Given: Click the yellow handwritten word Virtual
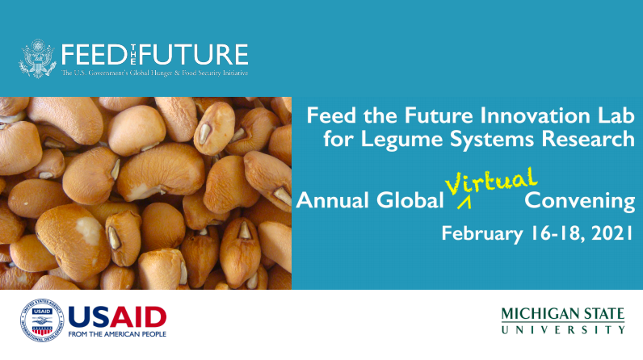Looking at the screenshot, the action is tap(491, 182).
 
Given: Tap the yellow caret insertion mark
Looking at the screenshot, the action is tap(464, 203).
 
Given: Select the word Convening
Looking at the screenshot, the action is tap(579, 202).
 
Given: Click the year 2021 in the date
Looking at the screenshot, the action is tap(612, 233).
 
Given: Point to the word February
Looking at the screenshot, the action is tap(481, 234).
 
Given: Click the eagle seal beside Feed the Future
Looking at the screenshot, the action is tap(37, 58).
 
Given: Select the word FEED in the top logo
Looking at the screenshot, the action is tap(94, 55).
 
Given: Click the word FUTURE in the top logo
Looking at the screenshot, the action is tap(194, 55).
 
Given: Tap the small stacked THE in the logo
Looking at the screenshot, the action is tap(132, 55).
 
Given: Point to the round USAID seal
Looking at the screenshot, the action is tap(42, 320).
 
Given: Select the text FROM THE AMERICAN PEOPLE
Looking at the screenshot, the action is tap(117, 334).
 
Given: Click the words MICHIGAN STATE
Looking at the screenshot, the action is tap(562, 314).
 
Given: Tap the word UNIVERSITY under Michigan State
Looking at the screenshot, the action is tap(562, 329).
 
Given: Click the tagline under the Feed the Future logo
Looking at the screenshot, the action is tap(154, 73).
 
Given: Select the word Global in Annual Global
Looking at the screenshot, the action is tap(410, 201).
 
